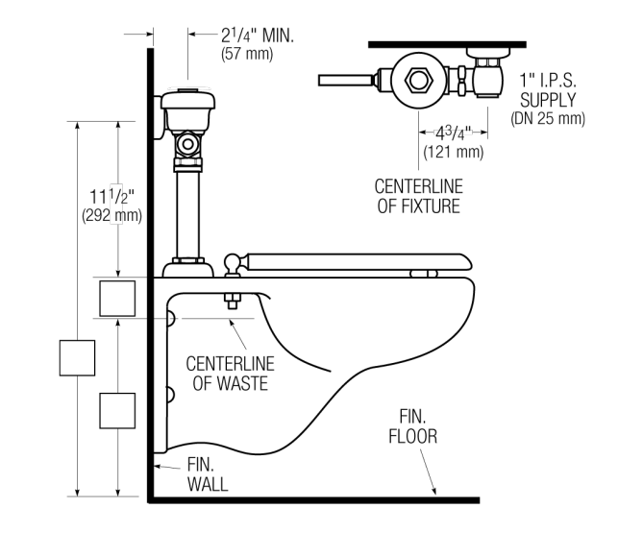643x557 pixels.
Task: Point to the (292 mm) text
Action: click(x=112, y=216)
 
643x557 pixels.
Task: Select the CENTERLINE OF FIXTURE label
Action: click(x=418, y=195)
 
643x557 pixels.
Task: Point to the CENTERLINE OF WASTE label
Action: click(x=229, y=374)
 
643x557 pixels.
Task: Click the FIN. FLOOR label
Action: click(x=413, y=426)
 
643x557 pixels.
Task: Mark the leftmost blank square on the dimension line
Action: click(x=77, y=357)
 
